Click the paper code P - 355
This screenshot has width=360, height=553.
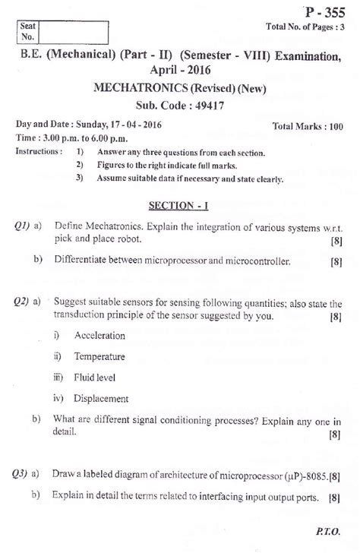point(322,12)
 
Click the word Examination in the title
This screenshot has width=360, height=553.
point(302,54)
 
